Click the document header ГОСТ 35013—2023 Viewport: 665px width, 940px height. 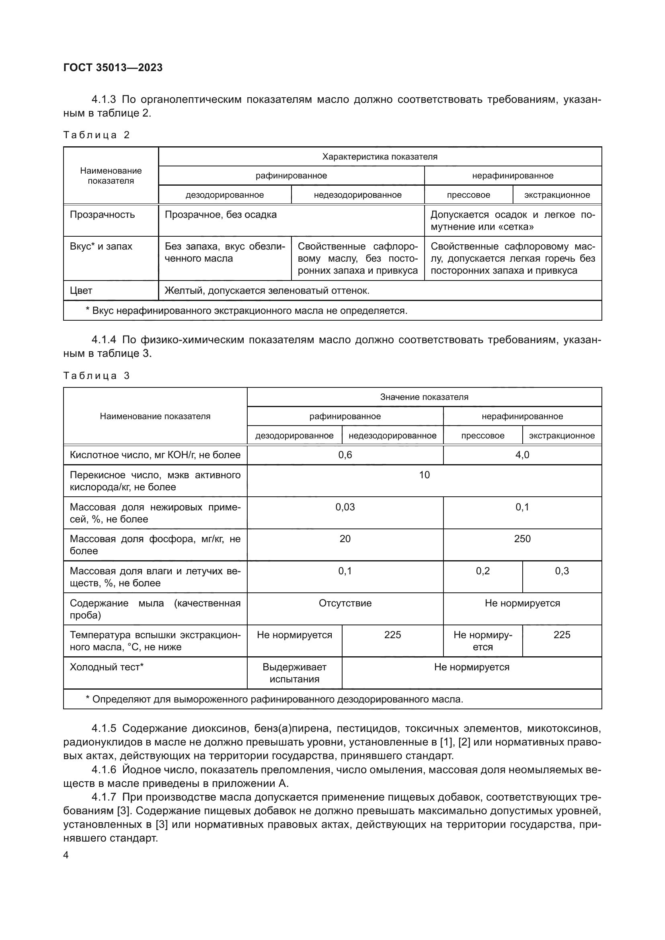coord(113,68)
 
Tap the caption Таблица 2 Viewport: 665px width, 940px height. coord(96,135)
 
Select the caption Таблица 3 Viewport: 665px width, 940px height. coord(96,375)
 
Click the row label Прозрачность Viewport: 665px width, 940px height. coord(102,215)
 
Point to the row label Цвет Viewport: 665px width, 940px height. coord(81,291)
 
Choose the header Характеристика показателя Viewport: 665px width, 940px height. coord(380,156)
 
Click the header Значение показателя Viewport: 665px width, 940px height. coord(424,397)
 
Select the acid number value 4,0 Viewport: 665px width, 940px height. coord(522,455)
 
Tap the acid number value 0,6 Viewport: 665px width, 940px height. coord(345,455)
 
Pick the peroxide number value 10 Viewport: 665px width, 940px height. coord(424,475)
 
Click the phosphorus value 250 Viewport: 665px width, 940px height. coord(522,539)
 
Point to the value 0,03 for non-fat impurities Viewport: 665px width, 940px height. coord(345,507)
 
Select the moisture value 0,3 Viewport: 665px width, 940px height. coord(562,571)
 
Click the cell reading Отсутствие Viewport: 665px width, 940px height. coord(345,603)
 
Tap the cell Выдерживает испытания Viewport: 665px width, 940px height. coord(294,673)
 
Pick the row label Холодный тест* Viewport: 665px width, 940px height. coord(107,667)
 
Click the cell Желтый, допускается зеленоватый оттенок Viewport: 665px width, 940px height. coord(267,291)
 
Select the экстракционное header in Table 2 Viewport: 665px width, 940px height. coord(557,195)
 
